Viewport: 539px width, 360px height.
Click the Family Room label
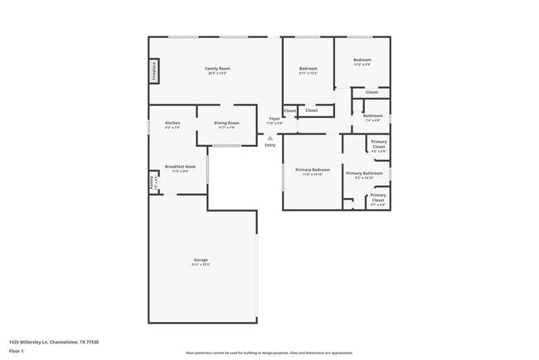tap(218, 68)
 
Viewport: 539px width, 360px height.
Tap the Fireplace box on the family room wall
tap(154, 71)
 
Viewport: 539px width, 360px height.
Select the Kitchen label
tap(172, 123)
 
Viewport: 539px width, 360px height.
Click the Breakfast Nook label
tap(180, 167)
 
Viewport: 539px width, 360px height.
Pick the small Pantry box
tap(153, 181)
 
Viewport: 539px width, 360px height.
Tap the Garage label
tap(201, 260)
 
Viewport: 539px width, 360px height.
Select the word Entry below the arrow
tap(270, 146)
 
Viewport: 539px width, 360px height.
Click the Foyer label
tap(274, 119)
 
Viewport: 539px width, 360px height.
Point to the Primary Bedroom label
tap(312, 170)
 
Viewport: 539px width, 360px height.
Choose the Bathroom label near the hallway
tap(373, 116)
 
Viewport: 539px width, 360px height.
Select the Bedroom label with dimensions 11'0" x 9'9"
tap(362, 60)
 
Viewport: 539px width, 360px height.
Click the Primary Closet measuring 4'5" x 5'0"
tap(378, 144)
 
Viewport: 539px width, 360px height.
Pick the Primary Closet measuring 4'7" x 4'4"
tap(378, 198)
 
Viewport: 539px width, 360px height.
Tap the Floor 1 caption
tap(17, 351)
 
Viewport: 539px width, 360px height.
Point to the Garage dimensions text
tap(201, 265)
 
